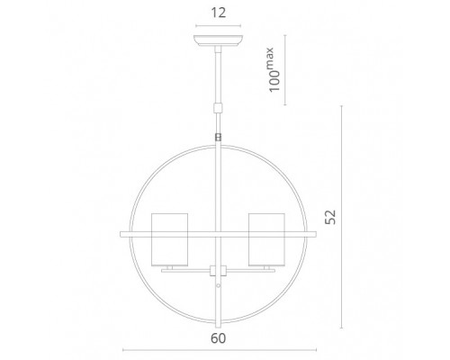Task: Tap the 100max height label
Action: [274, 70]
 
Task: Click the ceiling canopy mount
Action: [218, 40]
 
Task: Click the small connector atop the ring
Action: [218, 137]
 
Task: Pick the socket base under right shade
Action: [266, 268]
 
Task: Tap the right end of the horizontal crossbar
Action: [315, 236]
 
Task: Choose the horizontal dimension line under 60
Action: [218, 350]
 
